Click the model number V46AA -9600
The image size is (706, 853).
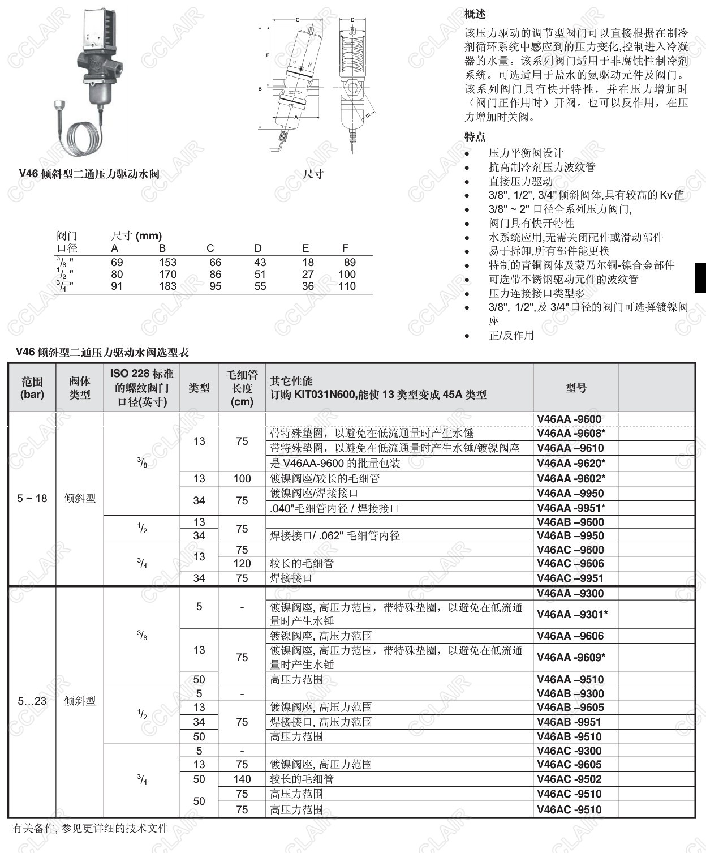point(569,419)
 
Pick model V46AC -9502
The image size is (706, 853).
point(569,779)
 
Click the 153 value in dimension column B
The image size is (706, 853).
point(167,262)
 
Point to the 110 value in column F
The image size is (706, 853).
point(347,286)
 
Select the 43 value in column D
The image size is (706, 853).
point(260,262)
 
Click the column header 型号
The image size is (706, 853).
point(576,388)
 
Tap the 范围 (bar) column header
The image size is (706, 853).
point(32,388)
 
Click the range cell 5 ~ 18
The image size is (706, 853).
point(32,498)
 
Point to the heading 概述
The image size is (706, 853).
point(475,14)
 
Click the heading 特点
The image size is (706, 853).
point(475,136)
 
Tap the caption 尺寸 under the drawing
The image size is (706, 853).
point(313,174)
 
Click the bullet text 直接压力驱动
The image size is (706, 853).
point(520,181)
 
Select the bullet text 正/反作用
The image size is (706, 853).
point(511,335)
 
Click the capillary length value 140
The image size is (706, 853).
point(242,779)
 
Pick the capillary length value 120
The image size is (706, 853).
point(242,563)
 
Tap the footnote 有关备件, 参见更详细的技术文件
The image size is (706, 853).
point(91,828)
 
